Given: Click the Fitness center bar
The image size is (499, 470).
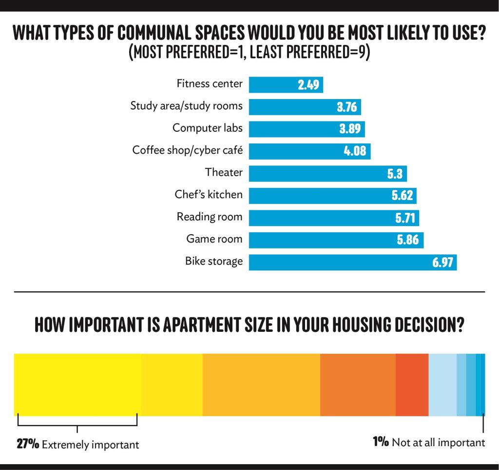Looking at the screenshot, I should coord(286,84).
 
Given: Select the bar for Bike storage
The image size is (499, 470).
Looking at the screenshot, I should coord(352,262).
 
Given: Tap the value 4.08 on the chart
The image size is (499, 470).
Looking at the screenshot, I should coord(355,151).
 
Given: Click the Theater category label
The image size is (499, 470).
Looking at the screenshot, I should coord(224,172).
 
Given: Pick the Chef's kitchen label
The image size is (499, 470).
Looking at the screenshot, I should coord(209,195).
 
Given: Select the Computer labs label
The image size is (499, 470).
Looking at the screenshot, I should coord(207,128).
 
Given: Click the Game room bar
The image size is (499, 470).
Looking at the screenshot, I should coord(336,240).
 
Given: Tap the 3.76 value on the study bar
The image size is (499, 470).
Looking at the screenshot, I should coord(347,107).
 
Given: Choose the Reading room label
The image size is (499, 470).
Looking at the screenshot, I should coord(209,217).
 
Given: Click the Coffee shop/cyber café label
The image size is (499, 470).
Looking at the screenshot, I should coord(187,150).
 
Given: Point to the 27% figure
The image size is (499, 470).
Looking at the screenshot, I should coord(28,444).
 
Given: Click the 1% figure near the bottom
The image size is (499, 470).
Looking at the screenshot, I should coord(381,442).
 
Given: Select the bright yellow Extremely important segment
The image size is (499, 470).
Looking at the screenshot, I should coord(77,385).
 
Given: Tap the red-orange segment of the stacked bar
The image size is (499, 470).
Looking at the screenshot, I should coord(412,385).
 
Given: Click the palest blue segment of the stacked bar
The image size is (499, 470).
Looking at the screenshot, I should coord(442,385).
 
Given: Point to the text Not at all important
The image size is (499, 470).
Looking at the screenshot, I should coord(439,443).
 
